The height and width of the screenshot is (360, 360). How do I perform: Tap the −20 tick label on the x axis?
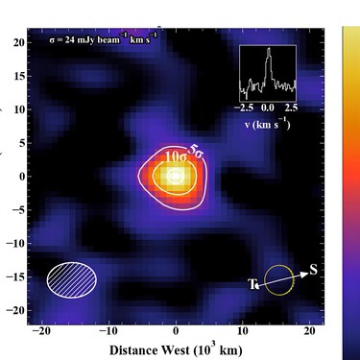click(39, 331)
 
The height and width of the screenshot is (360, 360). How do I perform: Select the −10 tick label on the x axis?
click(107, 331)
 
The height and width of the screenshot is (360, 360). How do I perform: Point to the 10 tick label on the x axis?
click(242, 331)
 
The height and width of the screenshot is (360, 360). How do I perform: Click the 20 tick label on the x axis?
click(309, 331)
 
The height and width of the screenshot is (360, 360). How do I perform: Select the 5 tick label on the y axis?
click(19, 144)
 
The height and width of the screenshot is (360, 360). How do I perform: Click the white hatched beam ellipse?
click(71, 277)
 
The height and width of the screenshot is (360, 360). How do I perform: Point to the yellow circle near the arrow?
click(279, 280)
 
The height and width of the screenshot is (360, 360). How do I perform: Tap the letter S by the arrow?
click(313, 269)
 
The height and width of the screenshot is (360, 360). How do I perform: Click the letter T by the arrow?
click(252, 284)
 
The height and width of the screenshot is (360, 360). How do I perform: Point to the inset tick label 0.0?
click(268, 110)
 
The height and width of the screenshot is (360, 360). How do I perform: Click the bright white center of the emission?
click(175, 176)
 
